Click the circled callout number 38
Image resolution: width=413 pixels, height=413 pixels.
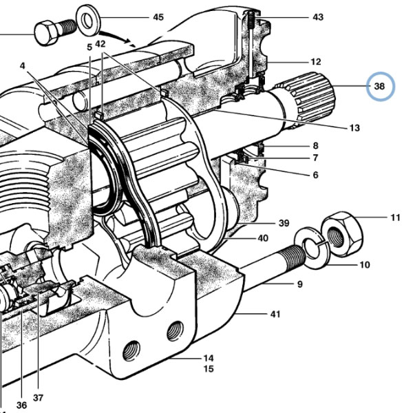(379, 86)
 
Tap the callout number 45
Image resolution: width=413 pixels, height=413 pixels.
(158, 17)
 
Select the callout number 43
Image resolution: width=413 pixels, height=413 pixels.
(318, 17)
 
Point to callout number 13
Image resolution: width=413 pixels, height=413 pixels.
(354, 128)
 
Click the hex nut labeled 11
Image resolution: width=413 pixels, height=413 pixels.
(343, 233)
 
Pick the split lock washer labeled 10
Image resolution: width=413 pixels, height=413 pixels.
(312, 248)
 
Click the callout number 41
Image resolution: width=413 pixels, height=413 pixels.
(275, 314)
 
